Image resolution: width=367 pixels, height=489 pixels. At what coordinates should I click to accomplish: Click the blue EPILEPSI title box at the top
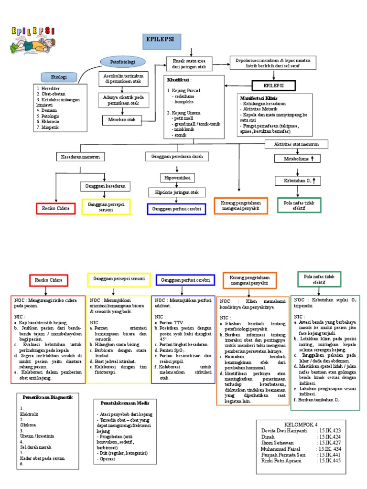[161, 42]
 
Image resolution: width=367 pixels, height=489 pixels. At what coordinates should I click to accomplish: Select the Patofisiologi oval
[123, 62]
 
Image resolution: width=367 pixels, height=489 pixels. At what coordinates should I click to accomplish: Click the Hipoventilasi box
[178, 178]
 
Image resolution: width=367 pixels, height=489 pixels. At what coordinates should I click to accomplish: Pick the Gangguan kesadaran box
[105, 186]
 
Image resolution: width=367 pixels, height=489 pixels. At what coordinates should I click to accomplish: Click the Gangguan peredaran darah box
[177, 157]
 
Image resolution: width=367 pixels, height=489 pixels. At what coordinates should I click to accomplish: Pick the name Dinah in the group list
[269, 436]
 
